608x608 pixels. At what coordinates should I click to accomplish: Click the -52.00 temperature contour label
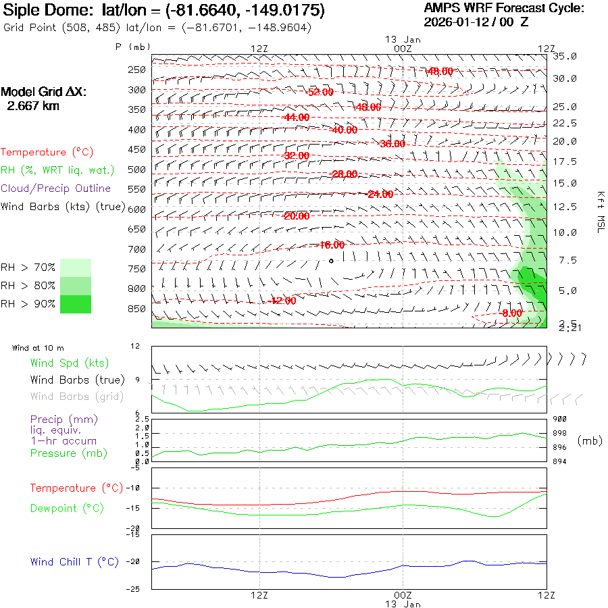point(320,92)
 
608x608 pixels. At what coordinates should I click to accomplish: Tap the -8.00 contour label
point(511,313)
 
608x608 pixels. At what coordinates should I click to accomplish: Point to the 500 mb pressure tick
point(137,170)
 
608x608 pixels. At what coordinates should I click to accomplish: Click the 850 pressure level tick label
point(137,309)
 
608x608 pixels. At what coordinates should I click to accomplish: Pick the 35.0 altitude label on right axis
point(565,56)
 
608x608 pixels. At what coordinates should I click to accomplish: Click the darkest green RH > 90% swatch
point(76,304)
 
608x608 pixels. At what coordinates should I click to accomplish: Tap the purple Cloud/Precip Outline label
point(56,188)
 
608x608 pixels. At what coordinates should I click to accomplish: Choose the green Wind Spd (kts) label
point(69,363)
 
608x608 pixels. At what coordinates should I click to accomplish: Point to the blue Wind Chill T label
point(74,562)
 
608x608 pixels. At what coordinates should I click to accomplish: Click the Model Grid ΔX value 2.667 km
point(33,106)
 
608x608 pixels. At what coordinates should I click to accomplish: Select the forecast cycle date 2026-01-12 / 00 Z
point(476,22)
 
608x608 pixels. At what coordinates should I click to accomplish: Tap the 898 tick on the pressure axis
point(559,433)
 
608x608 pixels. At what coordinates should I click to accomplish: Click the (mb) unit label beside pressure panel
point(590,440)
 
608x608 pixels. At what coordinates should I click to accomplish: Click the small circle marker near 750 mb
point(331,260)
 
